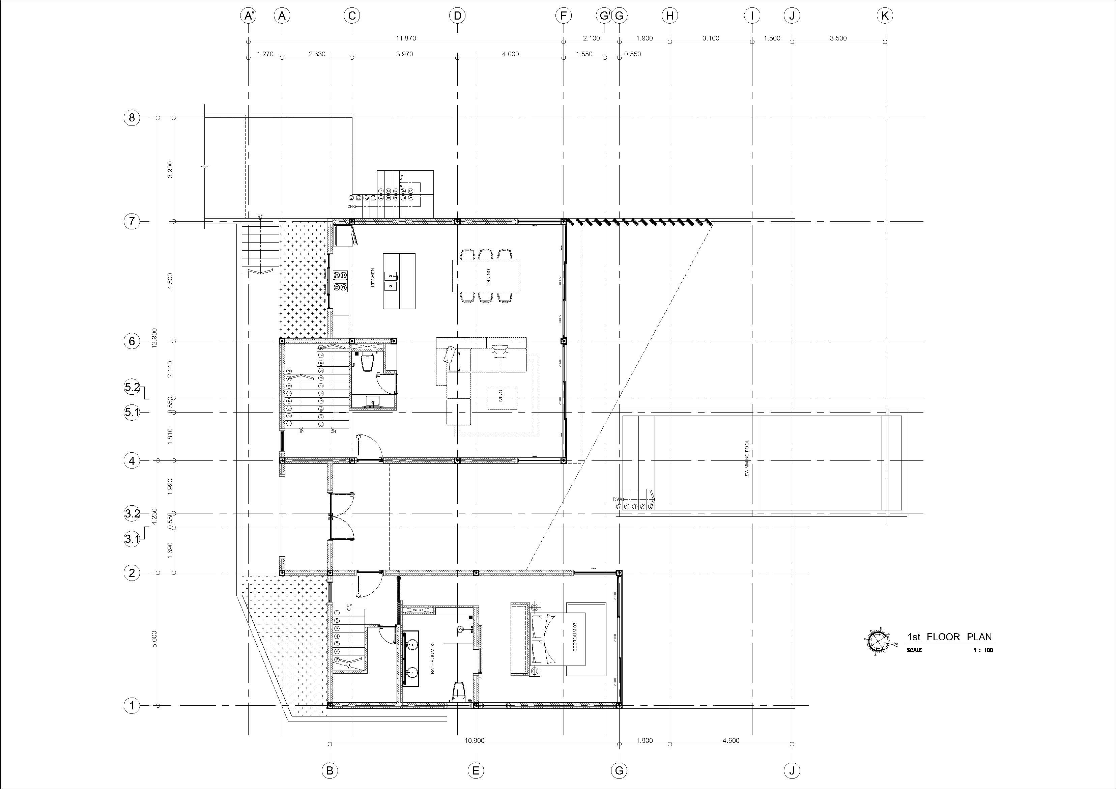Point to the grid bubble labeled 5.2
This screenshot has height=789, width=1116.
[132, 388]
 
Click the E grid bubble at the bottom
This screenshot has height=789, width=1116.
[475, 770]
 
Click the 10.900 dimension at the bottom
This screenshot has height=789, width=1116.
[475, 740]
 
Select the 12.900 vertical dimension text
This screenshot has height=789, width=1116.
[154, 338]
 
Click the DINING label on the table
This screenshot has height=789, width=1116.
[488, 276]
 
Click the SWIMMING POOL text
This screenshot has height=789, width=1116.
[747, 458]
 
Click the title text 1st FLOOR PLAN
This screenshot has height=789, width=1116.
[949, 637]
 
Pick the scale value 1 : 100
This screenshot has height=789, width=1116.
[983, 650]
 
